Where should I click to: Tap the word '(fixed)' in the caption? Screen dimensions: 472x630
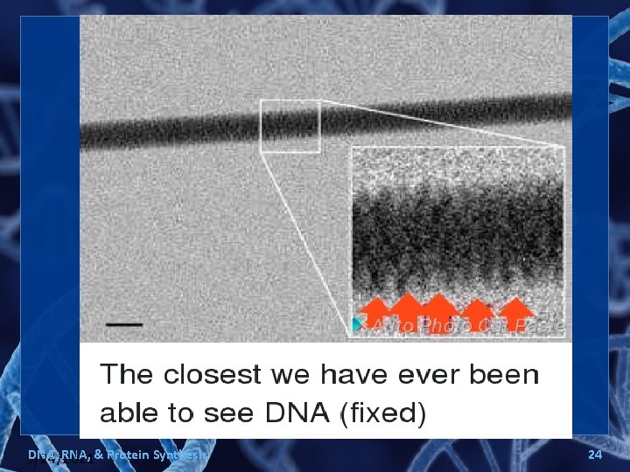[x=381, y=413]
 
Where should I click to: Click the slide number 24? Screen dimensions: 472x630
[x=595, y=455]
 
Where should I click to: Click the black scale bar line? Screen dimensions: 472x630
[x=125, y=323]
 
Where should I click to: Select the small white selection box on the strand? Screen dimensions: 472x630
[x=290, y=127]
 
